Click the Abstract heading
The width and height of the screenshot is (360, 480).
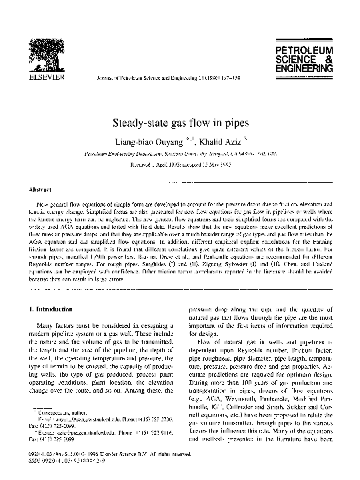pyautogui.click(x=41, y=189)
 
